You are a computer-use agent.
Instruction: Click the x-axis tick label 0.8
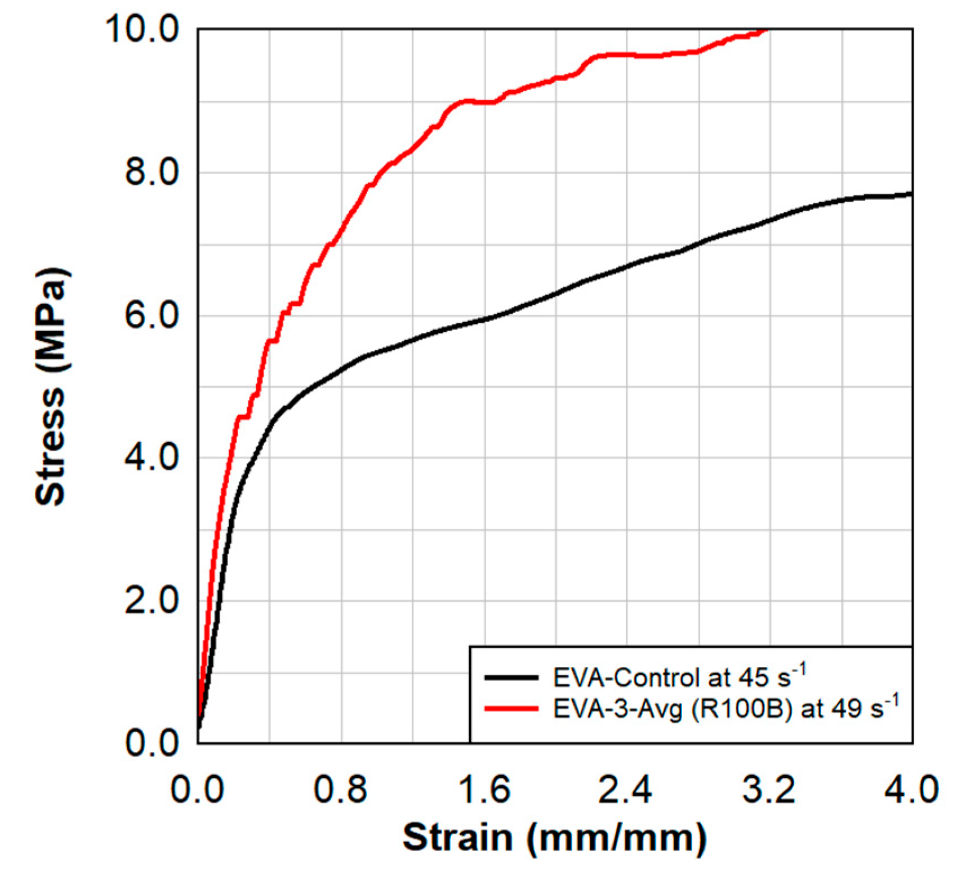[x=340, y=790]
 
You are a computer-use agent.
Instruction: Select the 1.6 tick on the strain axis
[x=484, y=790]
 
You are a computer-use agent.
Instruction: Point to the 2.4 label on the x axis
[x=626, y=790]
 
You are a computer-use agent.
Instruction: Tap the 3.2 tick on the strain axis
[x=768, y=790]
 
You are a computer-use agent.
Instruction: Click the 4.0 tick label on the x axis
[x=911, y=790]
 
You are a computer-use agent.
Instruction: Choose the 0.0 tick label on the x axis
[x=197, y=790]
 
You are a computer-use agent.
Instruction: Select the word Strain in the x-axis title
[x=457, y=838]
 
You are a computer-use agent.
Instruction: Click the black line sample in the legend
[x=511, y=677]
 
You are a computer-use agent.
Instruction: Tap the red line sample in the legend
[x=511, y=709]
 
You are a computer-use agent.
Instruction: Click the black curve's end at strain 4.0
[x=911, y=194]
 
